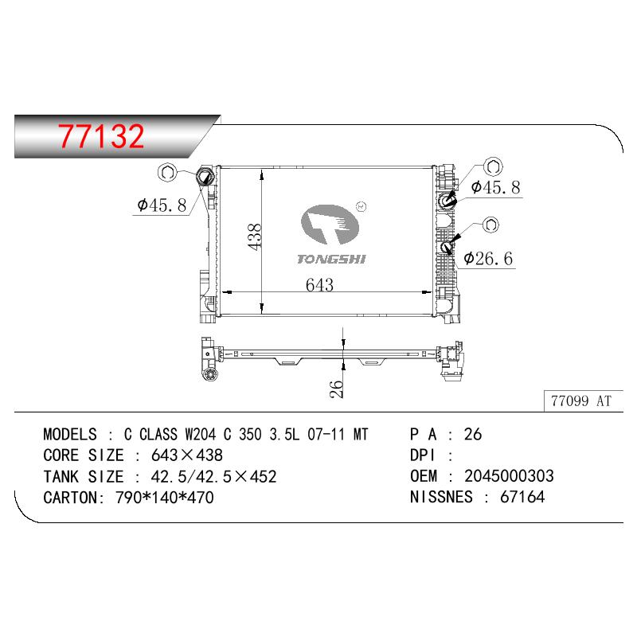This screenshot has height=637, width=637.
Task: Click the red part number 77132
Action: (101, 135)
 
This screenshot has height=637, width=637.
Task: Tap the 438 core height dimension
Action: (255, 236)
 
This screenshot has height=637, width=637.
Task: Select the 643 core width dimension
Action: (320, 285)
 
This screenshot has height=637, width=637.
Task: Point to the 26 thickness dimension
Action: (337, 389)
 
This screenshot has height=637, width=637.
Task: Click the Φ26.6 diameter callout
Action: (488, 258)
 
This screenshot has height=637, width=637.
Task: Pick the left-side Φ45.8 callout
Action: (162, 205)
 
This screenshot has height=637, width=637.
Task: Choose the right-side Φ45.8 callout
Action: (495, 187)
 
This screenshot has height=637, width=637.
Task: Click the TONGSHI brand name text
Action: (331, 259)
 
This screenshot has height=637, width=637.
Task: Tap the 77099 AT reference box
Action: (581, 401)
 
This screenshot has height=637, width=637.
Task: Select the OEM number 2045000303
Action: (509, 475)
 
